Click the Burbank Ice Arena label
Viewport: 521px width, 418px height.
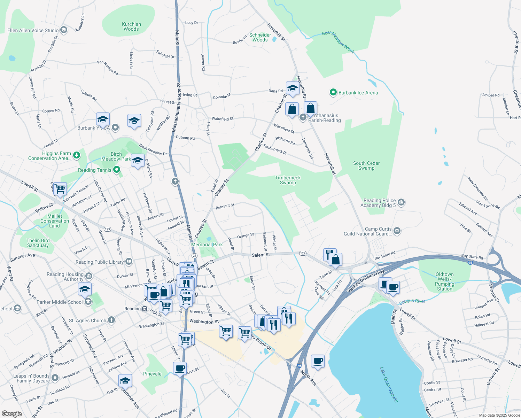358,93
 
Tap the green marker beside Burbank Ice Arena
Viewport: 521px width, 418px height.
333,92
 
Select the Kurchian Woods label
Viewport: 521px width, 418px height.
131,27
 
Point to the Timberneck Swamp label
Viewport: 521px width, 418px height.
288,180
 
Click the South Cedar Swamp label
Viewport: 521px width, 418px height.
366,165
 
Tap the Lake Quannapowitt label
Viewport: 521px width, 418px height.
389,385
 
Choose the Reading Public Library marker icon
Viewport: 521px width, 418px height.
129,261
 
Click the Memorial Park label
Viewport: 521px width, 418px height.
207,245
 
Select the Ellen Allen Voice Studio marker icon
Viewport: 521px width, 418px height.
64,30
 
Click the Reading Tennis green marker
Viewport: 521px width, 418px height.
117,170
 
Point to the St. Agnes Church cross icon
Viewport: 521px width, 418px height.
111,320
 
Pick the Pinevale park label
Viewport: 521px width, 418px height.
152,374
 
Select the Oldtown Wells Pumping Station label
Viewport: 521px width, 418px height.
444,281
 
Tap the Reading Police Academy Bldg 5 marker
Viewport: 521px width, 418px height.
401,202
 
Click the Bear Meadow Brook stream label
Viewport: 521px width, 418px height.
338,42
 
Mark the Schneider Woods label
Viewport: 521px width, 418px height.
260,37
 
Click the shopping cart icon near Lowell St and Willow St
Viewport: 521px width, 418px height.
60,188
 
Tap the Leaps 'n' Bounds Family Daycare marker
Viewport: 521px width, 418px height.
55,378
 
